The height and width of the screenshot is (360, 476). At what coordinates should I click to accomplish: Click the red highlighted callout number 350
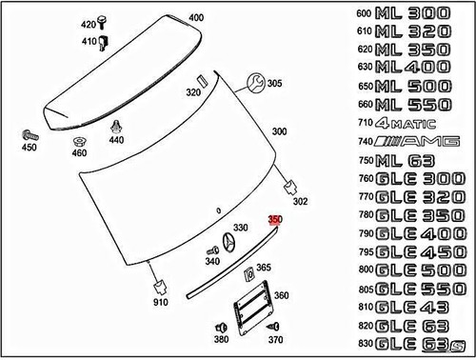coord(275,219)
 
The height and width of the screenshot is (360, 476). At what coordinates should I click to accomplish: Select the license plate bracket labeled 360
coord(249,307)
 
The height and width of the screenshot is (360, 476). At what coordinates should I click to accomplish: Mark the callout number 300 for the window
coord(280,131)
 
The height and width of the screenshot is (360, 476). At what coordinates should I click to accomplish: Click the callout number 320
coord(193,93)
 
